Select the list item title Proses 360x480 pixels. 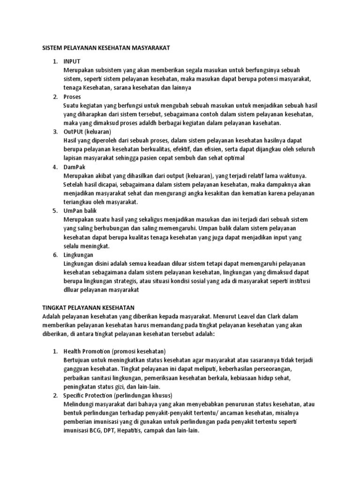72,97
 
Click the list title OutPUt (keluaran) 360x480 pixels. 87,132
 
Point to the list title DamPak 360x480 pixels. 75,167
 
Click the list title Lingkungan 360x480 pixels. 78,255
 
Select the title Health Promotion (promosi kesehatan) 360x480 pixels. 115,351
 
